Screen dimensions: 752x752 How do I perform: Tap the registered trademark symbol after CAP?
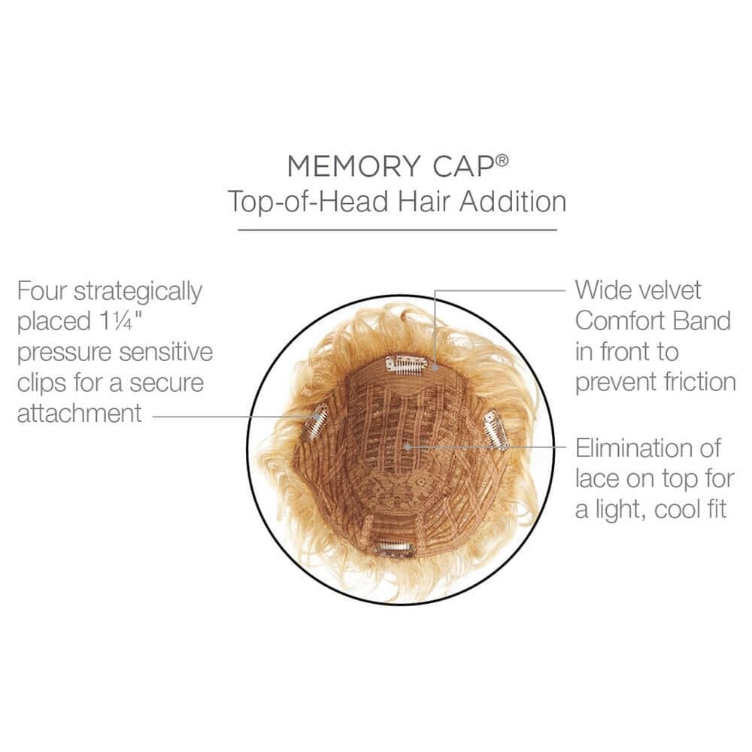tap(502, 160)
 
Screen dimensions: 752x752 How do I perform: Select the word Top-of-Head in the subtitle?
tap(308, 202)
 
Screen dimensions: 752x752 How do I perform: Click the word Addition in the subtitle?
tap(513, 201)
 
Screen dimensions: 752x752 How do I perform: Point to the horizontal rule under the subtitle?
tap(397, 229)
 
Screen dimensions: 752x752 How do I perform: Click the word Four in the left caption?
tap(41, 290)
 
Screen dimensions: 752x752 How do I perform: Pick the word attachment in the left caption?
tap(80, 414)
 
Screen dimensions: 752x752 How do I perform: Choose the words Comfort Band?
tap(653, 321)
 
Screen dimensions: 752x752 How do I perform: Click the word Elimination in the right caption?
tap(648, 448)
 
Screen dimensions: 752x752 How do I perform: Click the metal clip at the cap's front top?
tap(406, 364)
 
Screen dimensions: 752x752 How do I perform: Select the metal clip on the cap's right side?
tap(496, 430)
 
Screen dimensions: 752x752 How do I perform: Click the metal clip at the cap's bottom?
tap(394, 548)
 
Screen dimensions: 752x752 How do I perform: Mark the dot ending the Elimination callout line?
tap(407, 447)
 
